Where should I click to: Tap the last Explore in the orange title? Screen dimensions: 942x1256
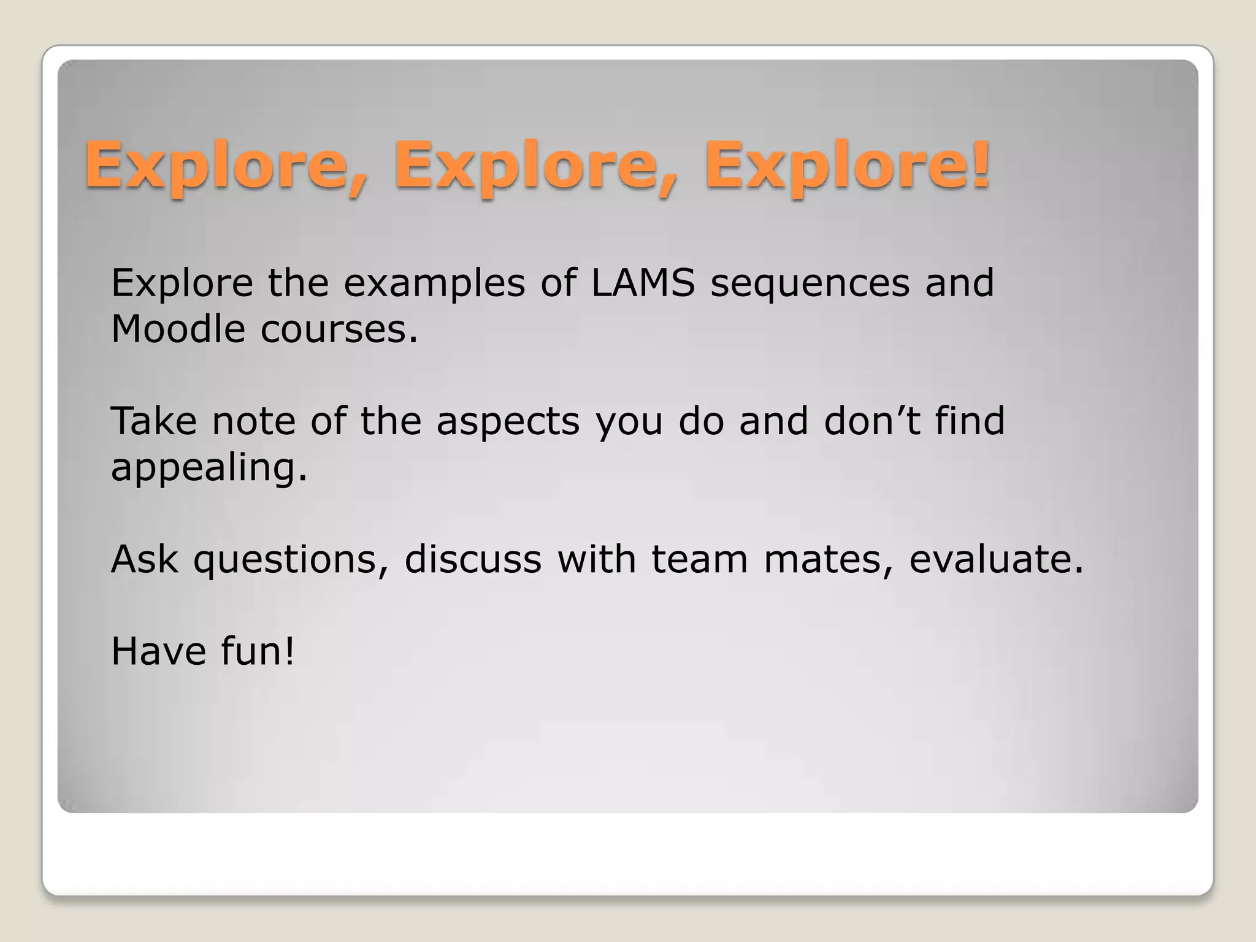(x=837, y=166)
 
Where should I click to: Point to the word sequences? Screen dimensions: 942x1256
(x=810, y=284)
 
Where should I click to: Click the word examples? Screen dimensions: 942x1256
(x=434, y=284)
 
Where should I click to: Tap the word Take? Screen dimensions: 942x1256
(x=153, y=421)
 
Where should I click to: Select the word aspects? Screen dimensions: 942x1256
(x=508, y=423)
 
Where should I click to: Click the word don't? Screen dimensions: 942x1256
(x=871, y=421)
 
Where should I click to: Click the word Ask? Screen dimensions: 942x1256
(x=145, y=559)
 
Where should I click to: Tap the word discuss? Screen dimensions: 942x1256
(x=473, y=559)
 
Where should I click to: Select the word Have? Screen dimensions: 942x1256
(x=158, y=651)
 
